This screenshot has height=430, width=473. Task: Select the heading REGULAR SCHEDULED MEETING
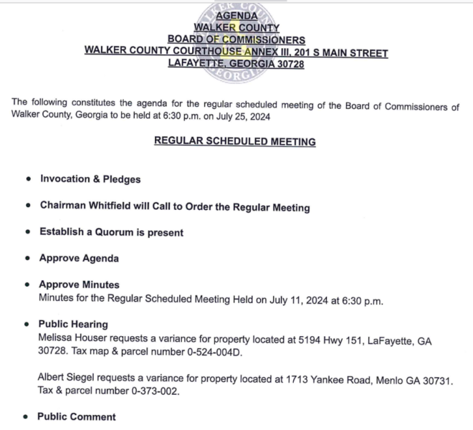click(235, 142)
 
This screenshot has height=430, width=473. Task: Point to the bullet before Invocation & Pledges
click(27, 179)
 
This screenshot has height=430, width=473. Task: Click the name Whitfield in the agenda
click(110, 207)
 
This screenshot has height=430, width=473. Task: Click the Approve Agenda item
click(79, 258)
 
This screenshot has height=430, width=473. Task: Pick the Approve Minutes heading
click(79, 285)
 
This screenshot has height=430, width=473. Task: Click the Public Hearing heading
click(73, 324)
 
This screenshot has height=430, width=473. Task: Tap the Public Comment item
click(76, 416)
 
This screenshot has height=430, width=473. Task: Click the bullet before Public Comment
click(27, 416)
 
